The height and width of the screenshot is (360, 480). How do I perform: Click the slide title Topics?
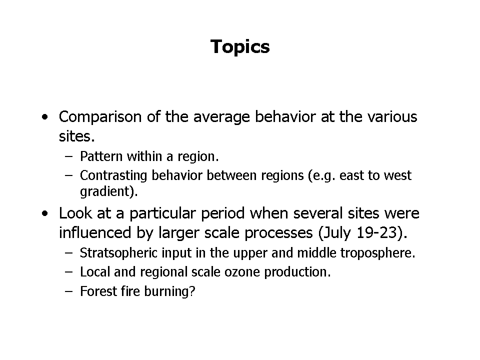(x=240, y=47)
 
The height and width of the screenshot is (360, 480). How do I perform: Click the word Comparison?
(x=100, y=117)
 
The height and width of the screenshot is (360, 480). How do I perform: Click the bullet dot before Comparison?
(x=45, y=117)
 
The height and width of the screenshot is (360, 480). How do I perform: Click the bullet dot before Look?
(x=45, y=213)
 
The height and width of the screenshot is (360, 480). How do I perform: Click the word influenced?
(x=95, y=232)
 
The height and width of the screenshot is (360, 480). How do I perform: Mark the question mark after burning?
(x=192, y=291)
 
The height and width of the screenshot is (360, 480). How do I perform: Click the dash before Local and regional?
(x=69, y=272)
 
